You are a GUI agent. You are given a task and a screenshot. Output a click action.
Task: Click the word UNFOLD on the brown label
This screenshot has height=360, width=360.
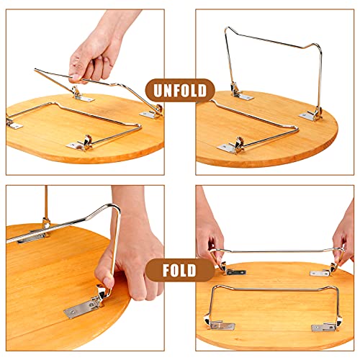click(x=180, y=91)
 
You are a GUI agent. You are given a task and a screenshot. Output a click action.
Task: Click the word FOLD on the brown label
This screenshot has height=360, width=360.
click(x=179, y=270)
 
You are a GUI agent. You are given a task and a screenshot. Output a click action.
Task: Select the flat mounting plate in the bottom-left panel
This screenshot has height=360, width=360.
click(x=81, y=308)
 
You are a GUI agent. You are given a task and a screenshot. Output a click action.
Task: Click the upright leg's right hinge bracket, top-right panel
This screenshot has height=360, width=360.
click(x=312, y=115)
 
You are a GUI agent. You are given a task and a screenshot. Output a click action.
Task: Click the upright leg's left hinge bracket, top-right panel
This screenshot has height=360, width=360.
click(x=240, y=94)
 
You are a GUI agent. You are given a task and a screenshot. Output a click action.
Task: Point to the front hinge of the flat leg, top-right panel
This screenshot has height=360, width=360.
click(x=231, y=146)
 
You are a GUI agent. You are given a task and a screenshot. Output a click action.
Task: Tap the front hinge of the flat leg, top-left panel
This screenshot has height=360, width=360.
click(x=80, y=144)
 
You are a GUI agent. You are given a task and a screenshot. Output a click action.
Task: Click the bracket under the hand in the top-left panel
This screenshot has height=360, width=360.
click(x=81, y=95)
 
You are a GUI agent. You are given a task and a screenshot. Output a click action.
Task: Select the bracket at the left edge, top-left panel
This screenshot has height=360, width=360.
click(x=13, y=124)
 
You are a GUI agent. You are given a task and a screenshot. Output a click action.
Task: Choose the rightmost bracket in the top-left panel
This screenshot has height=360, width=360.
click(x=152, y=112)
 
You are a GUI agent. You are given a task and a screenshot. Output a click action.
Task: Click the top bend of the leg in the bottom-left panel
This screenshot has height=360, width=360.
click(x=113, y=206)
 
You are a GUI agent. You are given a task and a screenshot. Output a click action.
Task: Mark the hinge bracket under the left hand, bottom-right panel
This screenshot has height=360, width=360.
click(x=232, y=270)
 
